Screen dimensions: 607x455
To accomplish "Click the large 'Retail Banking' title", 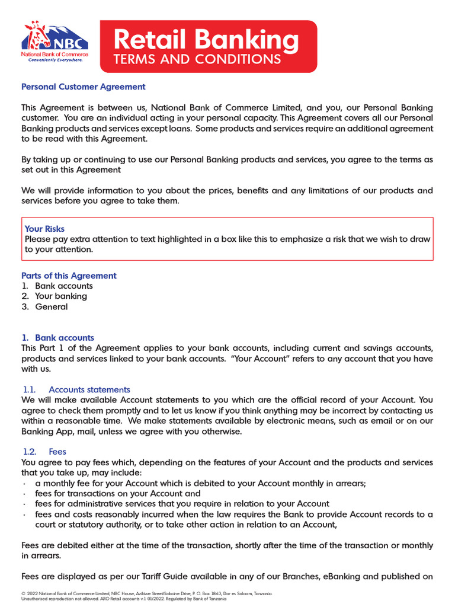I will pyautogui.click(x=206, y=40).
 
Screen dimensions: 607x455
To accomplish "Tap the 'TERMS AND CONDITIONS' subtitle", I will pyautogui.click(x=197, y=59).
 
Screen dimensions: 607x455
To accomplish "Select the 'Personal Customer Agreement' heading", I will pyautogui.click(x=83, y=87).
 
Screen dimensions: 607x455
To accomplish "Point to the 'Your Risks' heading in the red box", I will pyautogui.click(x=44, y=229).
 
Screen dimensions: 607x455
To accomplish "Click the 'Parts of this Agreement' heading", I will pyautogui.click(x=69, y=276).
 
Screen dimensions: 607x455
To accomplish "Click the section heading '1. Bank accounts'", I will pyautogui.click(x=57, y=338).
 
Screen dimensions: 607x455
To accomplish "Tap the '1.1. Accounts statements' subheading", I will pyautogui.click(x=76, y=389).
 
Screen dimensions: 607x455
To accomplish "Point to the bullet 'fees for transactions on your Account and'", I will pyautogui.click(x=117, y=493).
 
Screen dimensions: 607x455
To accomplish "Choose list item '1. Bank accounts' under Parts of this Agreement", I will pyautogui.click(x=57, y=286).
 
